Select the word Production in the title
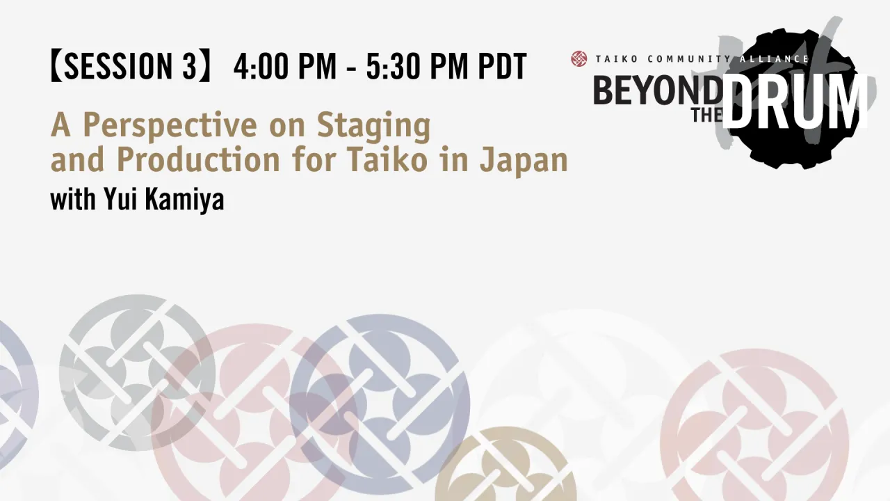[197, 160]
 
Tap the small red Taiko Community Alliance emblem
[578, 59]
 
